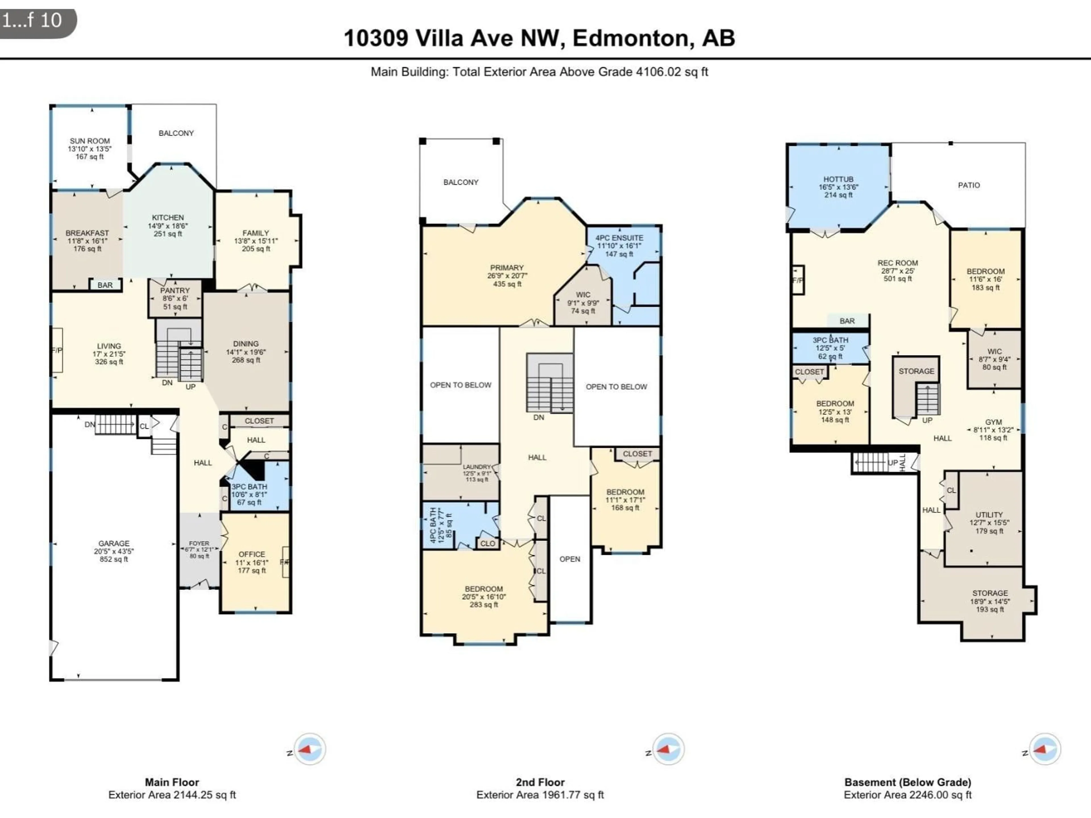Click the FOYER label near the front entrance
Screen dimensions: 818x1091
(x=199, y=543)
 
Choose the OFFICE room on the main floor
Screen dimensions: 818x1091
(x=251, y=562)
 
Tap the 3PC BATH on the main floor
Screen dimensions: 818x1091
(x=249, y=494)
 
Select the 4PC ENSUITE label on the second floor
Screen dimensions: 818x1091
(x=619, y=238)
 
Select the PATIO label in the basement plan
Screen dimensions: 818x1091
(x=969, y=185)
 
